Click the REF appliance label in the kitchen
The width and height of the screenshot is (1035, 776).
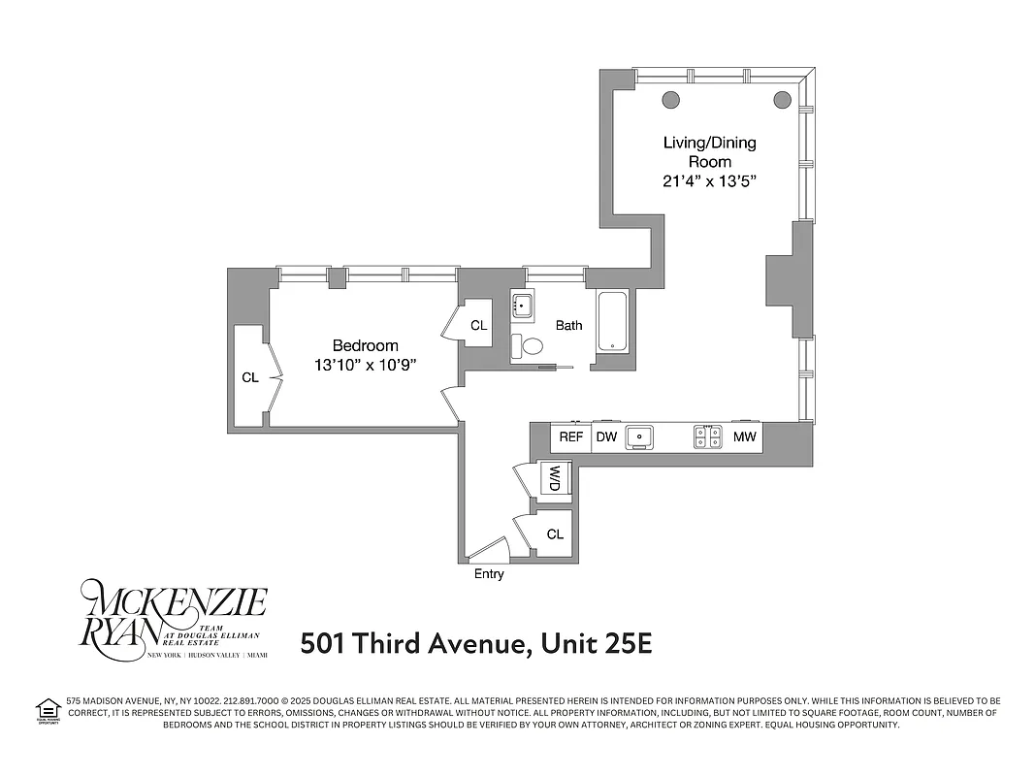[571, 437]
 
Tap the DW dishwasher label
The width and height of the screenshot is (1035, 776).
[606, 437]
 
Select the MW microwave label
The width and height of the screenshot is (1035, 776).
[744, 437]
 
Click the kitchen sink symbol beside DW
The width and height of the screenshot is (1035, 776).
[640, 437]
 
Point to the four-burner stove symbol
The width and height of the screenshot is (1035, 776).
[707, 437]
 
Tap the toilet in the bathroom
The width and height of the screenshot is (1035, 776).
[532, 345]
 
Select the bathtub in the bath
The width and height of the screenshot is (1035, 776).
[613, 321]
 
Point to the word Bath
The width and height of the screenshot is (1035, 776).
[569, 325]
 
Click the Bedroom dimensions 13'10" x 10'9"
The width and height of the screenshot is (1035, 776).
[366, 366]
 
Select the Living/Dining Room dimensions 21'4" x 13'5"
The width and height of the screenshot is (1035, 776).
[709, 181]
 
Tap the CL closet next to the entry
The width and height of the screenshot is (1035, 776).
[555, 534]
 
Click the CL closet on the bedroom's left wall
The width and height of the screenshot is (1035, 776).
[250, 377]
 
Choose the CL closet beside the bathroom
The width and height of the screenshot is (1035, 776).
[478, 325]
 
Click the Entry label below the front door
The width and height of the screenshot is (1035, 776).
[489, 574]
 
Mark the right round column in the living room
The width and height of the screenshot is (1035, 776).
[783, 98]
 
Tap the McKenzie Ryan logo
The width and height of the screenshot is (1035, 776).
[174, 618]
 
